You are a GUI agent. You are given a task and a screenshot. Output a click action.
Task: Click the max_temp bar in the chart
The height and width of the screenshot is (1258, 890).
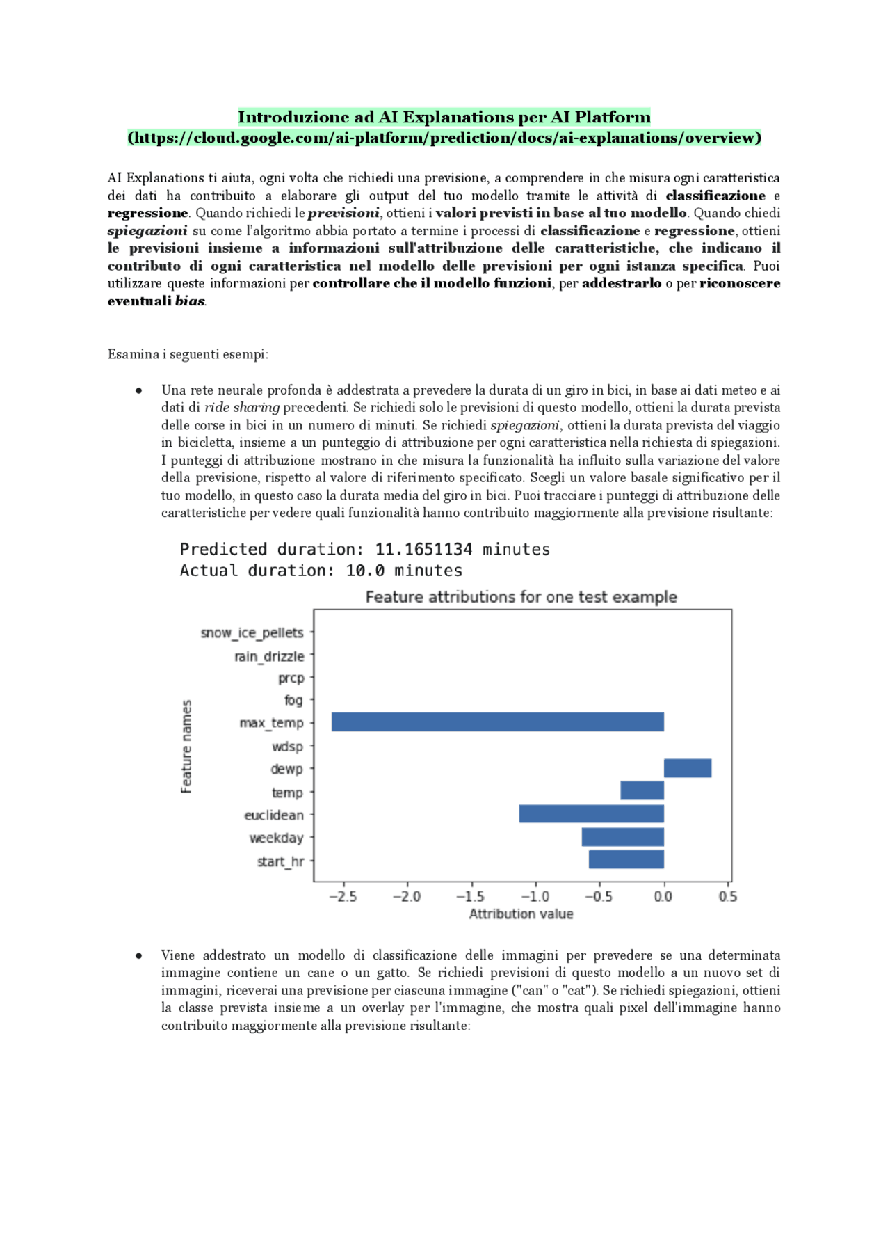click(x=497, y=722)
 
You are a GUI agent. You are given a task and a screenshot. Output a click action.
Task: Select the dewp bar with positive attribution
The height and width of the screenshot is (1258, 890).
click(x=687, y=768)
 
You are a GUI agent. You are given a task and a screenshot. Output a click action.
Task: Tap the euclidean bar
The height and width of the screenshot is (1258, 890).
click(x=591, y=813)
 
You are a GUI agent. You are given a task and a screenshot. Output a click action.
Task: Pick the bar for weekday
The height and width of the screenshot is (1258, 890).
click(x=622, y=836)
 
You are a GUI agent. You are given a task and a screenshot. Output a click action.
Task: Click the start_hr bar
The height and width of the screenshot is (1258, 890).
click(x=626, y=859)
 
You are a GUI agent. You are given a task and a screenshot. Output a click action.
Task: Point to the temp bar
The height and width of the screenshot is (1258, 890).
click(x=642, y=790)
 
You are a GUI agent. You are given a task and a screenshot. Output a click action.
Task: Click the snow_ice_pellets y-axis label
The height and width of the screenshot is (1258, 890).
click(x=252, y=632)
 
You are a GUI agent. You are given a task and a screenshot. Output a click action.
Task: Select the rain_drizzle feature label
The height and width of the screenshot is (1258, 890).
click(x=269, y=656)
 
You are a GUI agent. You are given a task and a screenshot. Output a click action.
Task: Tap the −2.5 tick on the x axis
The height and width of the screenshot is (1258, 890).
click(x=342, y=896)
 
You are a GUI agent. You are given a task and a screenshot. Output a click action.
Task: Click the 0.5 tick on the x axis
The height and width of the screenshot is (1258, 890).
click(x=727, y=896)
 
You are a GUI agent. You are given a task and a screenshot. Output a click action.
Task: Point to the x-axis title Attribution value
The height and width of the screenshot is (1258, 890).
click(x=521, y=914)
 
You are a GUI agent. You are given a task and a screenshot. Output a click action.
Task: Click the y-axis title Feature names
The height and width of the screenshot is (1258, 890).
click(x=186, y=746)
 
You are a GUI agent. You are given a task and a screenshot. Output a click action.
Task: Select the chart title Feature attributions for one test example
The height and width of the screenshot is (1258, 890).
click(x=521, y=597)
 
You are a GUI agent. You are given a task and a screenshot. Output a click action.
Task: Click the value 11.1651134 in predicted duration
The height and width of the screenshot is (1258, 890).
click(x=423, y=550)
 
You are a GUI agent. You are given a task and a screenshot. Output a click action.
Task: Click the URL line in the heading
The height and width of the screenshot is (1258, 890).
click(x=444, y=138)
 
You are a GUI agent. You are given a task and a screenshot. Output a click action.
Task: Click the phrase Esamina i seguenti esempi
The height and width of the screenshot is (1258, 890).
click(x=188, y=354)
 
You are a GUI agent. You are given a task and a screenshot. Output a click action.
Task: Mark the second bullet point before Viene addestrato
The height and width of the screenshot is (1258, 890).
click(x=139, y=956)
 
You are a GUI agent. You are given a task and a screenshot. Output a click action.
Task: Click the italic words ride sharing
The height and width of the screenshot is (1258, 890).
click(x=242, y=408)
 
